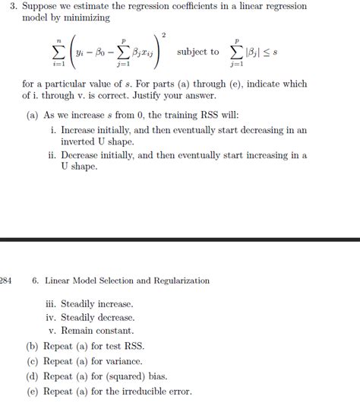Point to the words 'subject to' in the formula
point(197,52)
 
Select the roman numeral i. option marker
point(52,130)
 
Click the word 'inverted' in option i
point(79,142)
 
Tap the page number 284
point(5,281)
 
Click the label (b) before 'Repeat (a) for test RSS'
point(33,346)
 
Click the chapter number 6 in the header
point(36,281)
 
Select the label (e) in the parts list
point(33,392)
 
